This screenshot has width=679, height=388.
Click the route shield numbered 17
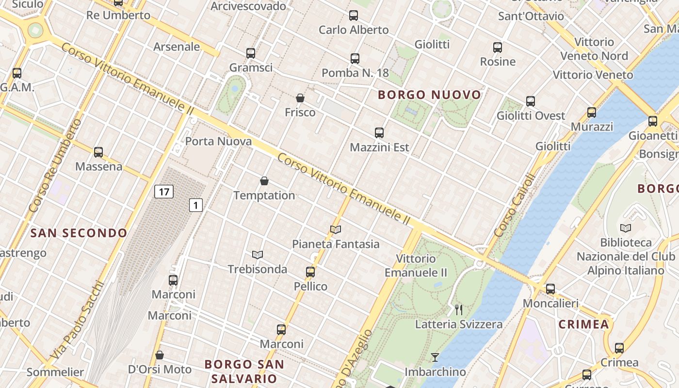click(x=164, y=192)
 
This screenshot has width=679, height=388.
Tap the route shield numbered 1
click(x=195, y=205)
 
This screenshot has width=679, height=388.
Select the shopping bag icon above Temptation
click(x=264, y=181)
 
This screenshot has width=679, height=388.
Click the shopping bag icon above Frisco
click(x=300, y=98)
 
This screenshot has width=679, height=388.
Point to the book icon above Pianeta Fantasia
click(x=336, y=229)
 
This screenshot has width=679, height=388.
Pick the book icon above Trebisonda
click(x=258, y=255)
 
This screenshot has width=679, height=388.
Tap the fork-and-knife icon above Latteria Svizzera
click(x=459, y=309)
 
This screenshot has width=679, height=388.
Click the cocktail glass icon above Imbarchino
click(x=435, y=357)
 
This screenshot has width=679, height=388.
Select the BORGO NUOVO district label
click(x=429, y=95)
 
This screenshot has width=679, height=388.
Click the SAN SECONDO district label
click(x=79, y=233)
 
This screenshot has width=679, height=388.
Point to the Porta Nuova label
click(x=219, y=142)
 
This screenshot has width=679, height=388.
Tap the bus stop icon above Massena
click(x=98, y=152)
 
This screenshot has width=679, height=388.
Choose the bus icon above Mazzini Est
click(x=379, y=133)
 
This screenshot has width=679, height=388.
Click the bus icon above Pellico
click(x=310, y=272)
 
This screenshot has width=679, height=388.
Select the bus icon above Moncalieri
click(x=550, y=289)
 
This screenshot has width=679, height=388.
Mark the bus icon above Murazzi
click(x=592, y=113)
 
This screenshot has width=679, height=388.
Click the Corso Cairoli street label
click(x=514, y=205)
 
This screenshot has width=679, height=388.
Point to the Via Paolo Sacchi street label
click(x=78, y=320)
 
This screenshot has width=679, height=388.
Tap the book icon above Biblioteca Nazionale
click(x=626, y=228)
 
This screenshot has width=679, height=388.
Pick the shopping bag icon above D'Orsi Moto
click(x=160, y=355)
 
